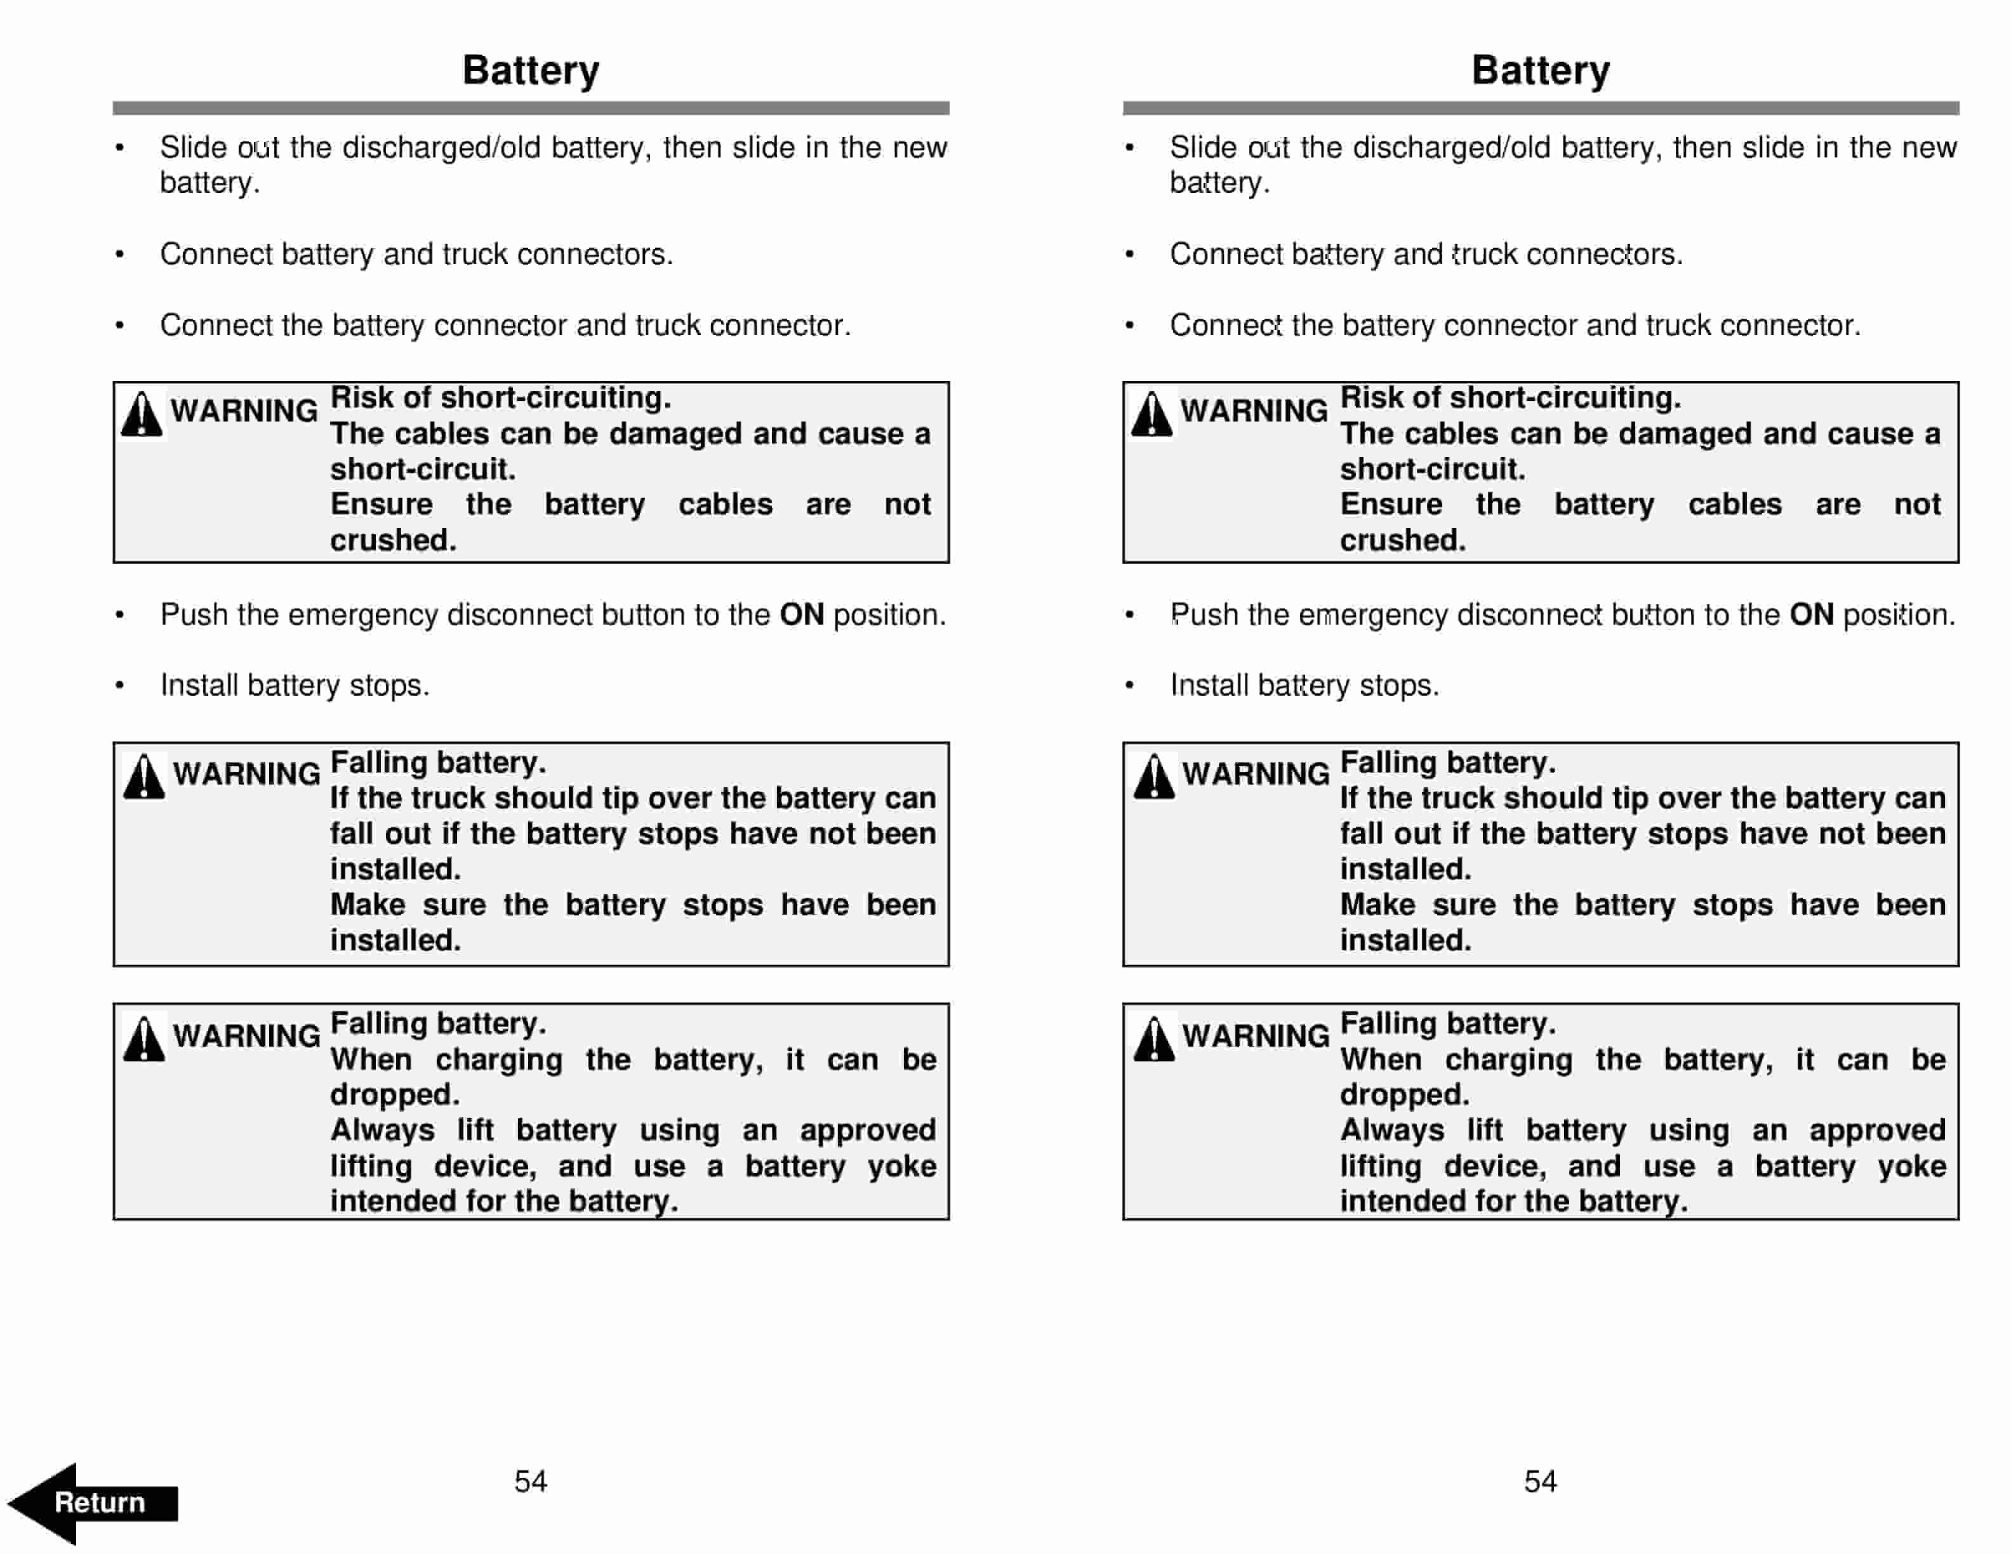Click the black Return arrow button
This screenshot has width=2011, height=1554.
(92, 1503)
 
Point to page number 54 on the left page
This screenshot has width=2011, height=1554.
(531, 1481)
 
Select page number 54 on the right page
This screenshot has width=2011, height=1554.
(1541, 1481)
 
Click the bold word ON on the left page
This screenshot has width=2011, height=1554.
(801, 614)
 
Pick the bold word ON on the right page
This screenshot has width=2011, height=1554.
(1811, 614)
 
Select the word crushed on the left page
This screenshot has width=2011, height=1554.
(393, 540)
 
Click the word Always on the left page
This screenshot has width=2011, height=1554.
(382, 1129)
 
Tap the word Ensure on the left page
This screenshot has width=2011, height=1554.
(382, 505)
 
